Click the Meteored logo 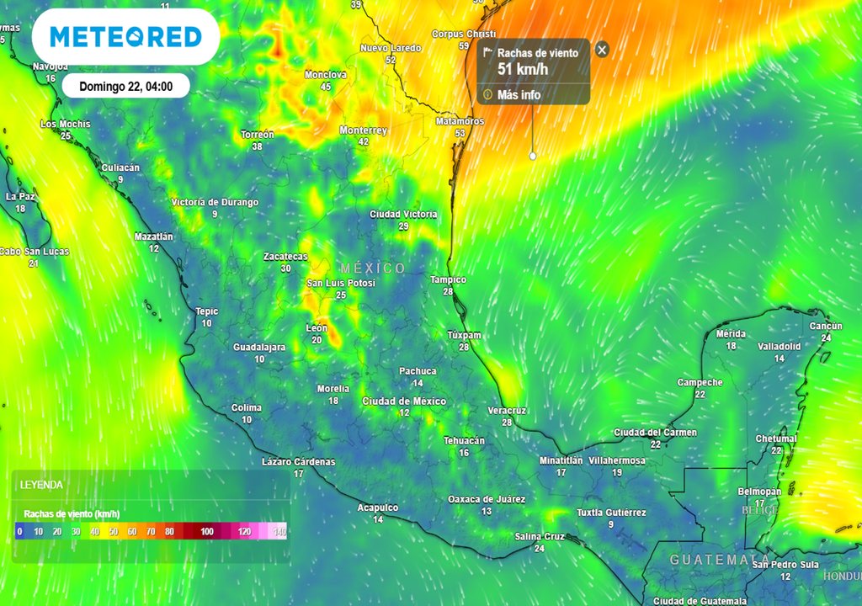point(126,37)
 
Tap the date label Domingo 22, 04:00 point(126,86)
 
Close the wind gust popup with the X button point(602,50)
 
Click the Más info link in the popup point(518,95)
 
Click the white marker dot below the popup point(532,156)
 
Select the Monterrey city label point(363,130)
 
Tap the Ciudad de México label point(404,401)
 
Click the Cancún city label point(825,326)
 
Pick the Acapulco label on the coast point(378,508)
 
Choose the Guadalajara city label point(259,347)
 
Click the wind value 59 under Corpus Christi point(464,45)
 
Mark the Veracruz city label point(507,410)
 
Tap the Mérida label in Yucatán point(731,333)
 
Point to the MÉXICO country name point(373,268)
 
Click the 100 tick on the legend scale point(207,532)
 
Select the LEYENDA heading point(42,485)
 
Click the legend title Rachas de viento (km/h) point(72,513)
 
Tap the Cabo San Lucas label point(34,252)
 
